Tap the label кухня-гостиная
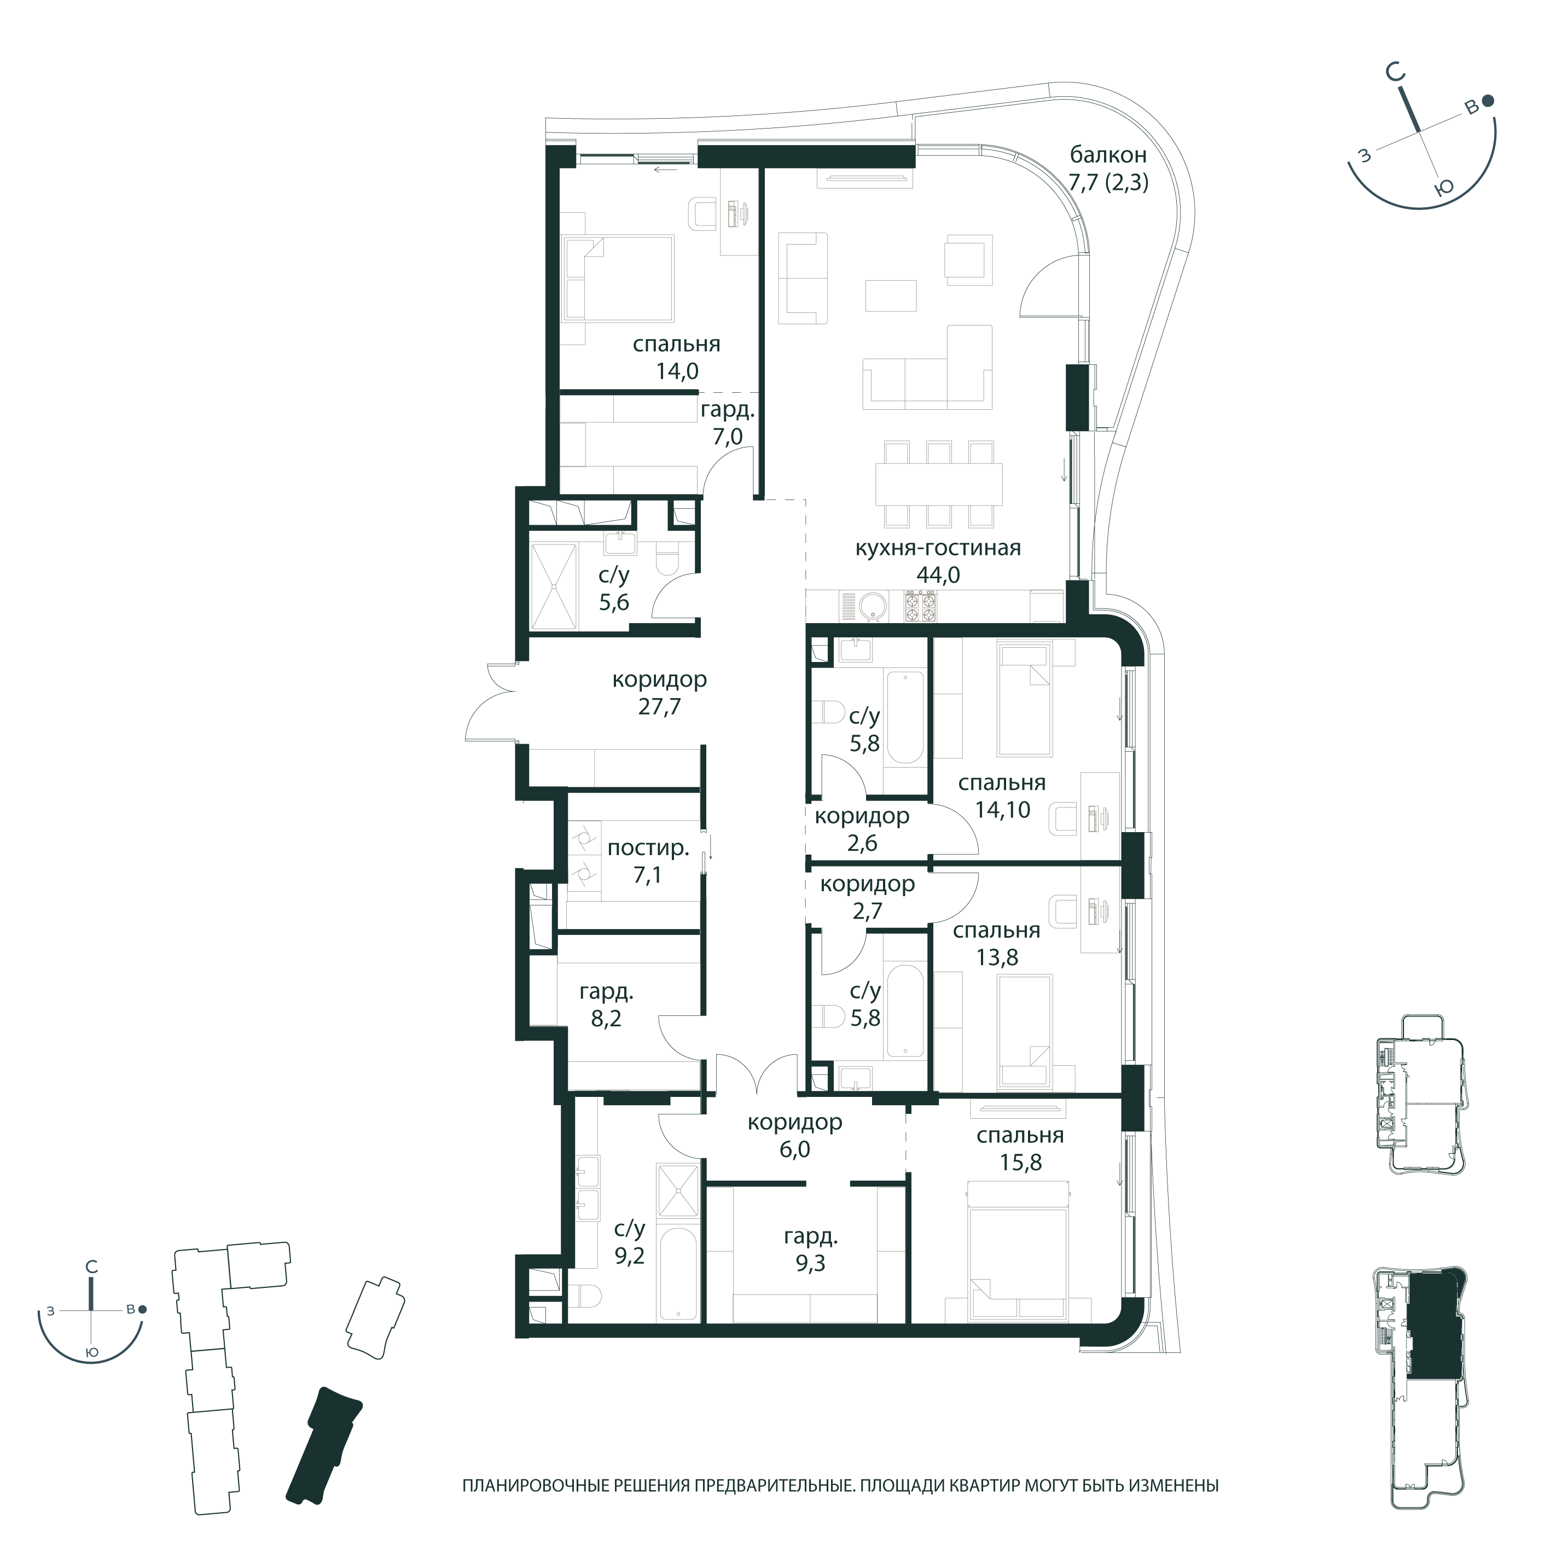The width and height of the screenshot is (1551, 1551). (938, 548)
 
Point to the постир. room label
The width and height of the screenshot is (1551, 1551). (648, 849)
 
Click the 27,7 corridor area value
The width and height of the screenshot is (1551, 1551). (659, 706)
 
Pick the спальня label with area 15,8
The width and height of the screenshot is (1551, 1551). (1020, 1136)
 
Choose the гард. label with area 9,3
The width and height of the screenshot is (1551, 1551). (811, 1236)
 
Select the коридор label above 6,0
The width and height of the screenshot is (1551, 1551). (795, 1122)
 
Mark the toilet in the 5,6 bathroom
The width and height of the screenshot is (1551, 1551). (667, 557)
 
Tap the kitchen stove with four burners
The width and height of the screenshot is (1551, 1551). (921, 606)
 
